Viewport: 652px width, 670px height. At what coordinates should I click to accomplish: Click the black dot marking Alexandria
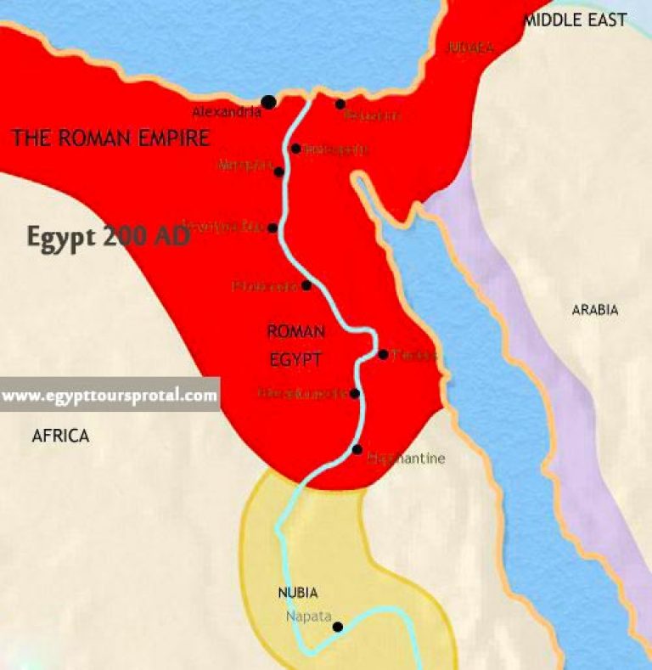pos(269,102)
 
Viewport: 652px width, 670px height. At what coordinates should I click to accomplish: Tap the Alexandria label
pos(226,112)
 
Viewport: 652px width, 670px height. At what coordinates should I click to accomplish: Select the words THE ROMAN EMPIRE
pos(110,138)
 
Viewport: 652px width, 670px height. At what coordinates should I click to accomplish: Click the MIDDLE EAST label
pos(575,20)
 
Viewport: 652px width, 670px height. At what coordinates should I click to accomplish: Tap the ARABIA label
pos(594,310)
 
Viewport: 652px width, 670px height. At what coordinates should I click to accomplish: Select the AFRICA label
pos(60,436)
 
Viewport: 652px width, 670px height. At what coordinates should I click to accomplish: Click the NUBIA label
pos(298,593)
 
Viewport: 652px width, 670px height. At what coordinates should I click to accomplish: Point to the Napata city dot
pos(337,628)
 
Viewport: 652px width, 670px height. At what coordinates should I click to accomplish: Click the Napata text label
pos(308,617)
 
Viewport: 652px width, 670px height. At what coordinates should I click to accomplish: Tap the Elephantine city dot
pos(357,449)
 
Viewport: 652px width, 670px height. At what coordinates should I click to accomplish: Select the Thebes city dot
pos(384,354)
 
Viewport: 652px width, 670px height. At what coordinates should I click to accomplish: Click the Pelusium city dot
pos(340,104)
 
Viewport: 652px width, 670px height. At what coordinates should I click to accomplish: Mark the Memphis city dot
pos(279,172)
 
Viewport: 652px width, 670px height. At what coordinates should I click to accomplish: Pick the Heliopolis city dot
pos(295,149)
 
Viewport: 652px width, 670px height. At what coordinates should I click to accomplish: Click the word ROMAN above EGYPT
pos(295,331)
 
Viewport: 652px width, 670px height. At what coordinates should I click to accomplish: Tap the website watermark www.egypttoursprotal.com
pos(110,396)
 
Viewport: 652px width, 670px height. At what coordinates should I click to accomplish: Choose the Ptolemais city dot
pos(306,285)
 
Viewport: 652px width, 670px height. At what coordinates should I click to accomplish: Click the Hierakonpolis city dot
pos(355,393)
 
